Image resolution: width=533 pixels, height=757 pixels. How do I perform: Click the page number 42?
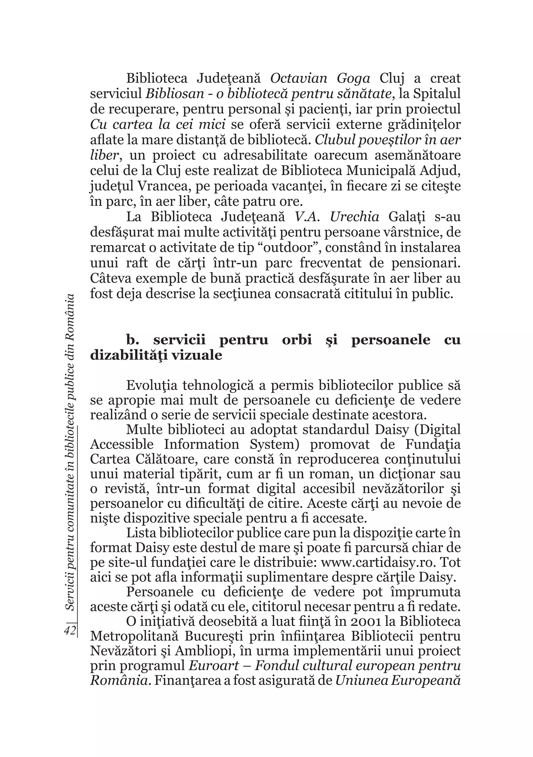point(70,630)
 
